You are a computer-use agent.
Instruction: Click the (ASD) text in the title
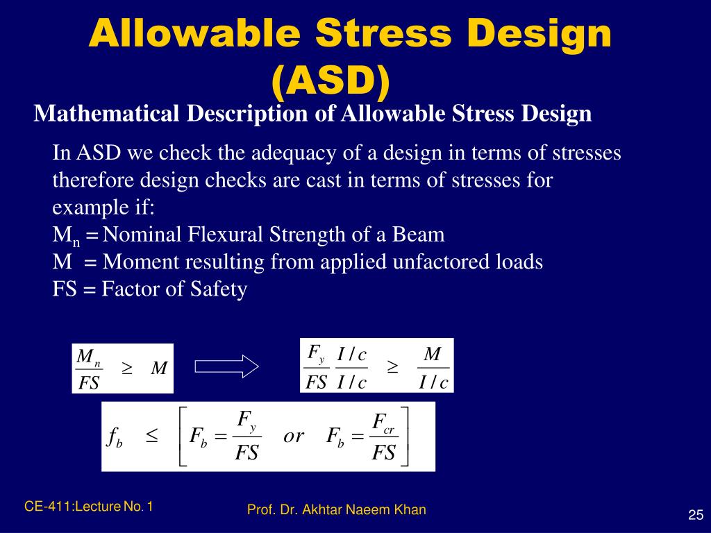point(331,81)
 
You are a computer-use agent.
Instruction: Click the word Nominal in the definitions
point(142,235)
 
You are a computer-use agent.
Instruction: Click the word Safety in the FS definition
point(220,289)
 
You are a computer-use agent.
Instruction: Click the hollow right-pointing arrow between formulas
point(226,366)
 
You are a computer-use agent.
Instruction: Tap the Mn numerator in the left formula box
point(88,358)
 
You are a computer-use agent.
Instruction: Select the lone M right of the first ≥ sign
point(159,369)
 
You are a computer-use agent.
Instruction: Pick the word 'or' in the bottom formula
point(294,436)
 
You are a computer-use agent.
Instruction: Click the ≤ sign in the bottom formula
point(152,436)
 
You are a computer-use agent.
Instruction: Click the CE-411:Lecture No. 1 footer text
point(89,507)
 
